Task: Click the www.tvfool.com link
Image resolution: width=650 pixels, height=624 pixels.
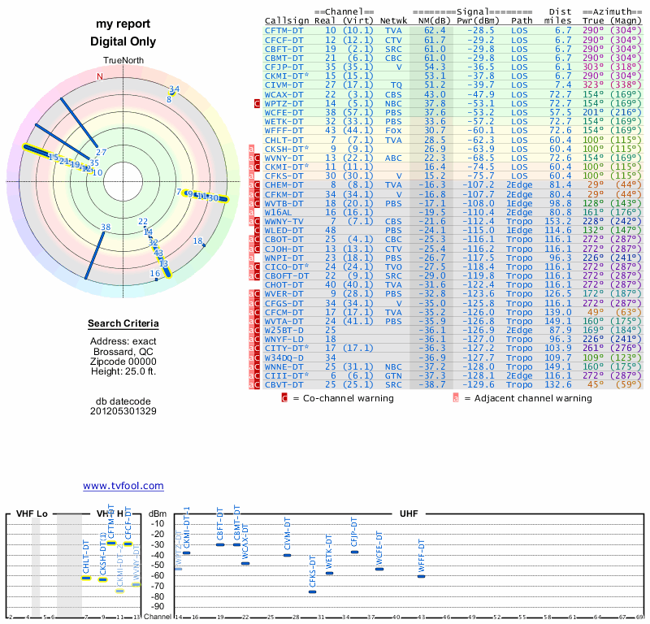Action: click(x=123, y=486)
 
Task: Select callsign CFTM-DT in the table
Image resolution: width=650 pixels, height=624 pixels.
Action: click(x=284, y=29)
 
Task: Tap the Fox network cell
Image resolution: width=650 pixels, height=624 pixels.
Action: click(x=395, y=130)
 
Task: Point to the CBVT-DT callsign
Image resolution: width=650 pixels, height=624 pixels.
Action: click(x=284, y=384)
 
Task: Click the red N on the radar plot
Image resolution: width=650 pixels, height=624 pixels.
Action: click(x=100, y=76)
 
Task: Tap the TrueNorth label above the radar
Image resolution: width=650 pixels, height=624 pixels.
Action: click(x=123, y=61)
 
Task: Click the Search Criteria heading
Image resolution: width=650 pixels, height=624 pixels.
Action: click(x=123, y=324)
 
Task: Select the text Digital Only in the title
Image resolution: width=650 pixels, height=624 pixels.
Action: click(x=123, y=41)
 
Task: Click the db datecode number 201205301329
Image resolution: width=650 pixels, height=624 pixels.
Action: click(x=123, y=410)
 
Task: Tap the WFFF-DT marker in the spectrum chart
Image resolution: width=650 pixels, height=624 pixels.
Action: click(x=421, y=576)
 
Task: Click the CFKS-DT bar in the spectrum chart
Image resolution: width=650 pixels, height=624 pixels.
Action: click(x=312, y=591)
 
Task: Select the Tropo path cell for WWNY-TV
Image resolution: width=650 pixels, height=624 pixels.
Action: click(x=522, y=222)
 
